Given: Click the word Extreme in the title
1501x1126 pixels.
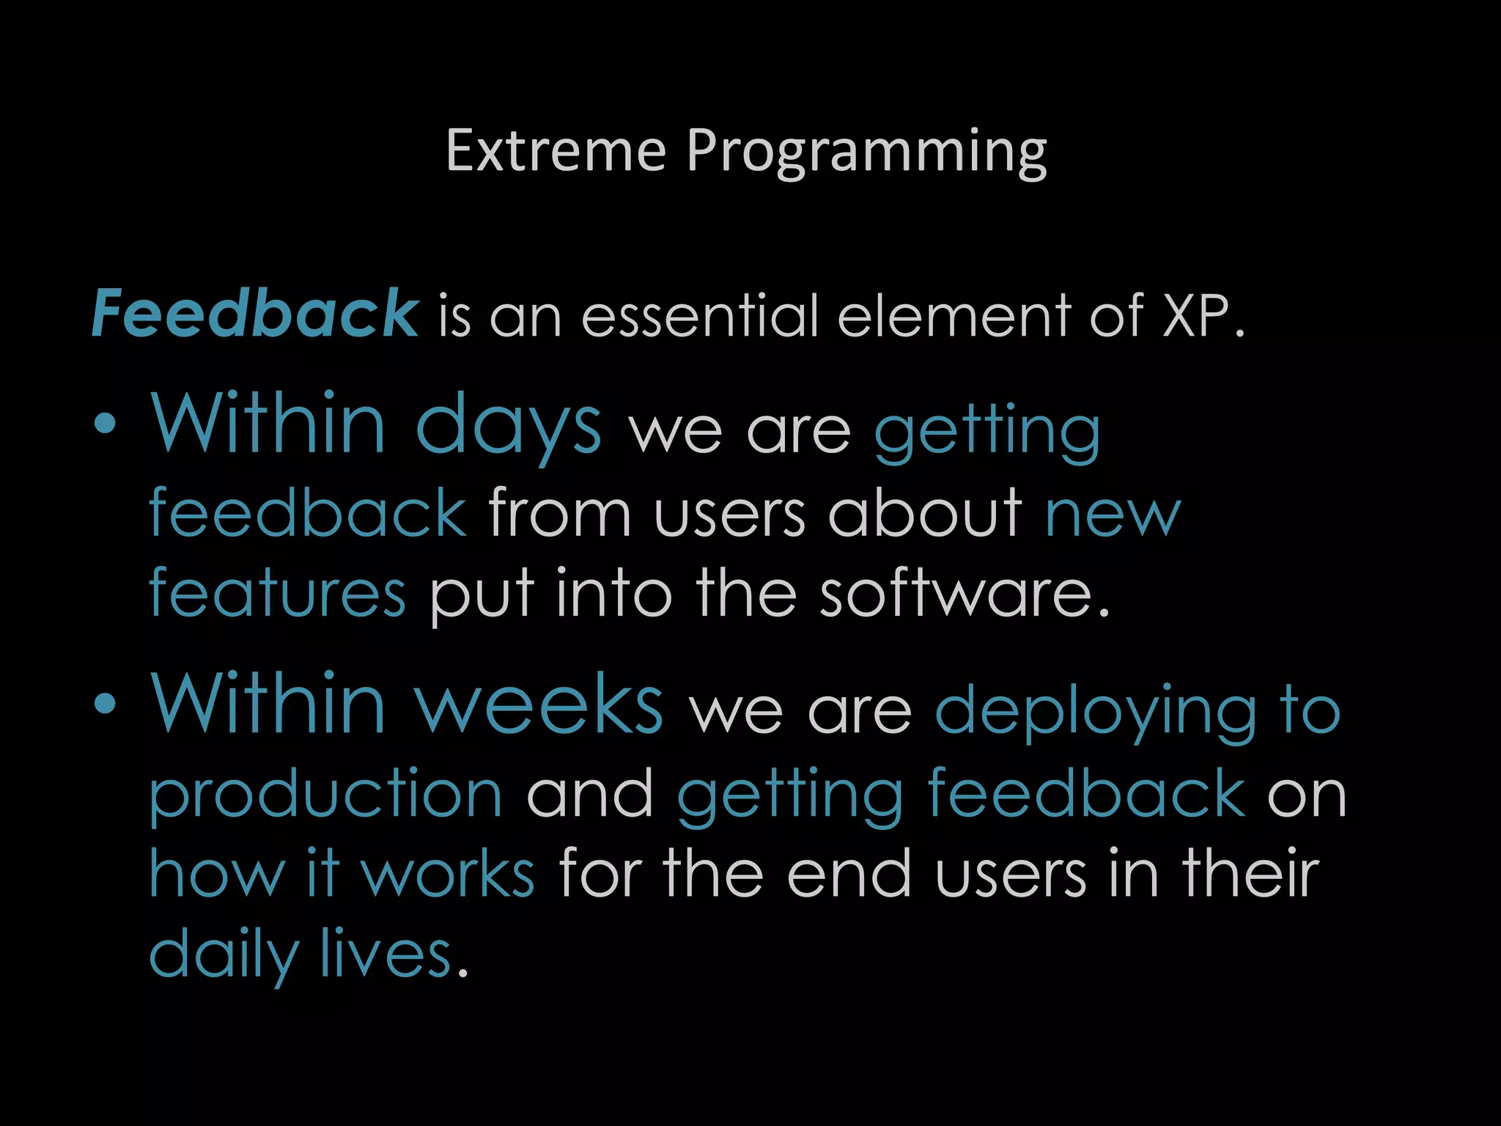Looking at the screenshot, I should click(x=556, y=151).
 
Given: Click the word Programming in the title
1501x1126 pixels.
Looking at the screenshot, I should click(x=866, y=152).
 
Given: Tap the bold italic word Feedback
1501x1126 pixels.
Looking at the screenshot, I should click(x=255, y=314).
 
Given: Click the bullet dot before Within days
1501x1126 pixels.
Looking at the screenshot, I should click(x=106, y=424).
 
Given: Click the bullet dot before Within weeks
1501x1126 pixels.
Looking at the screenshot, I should click(x=106, y=704).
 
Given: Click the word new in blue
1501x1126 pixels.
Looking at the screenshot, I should click(x=1113, y=515).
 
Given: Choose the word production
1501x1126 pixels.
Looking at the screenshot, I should click(x=325, y=795).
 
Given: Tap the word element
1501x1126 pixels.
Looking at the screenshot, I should click(x=953, y=315).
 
